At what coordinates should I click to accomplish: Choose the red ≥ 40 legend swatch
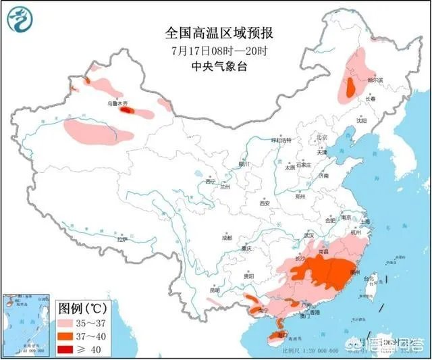tap(70, 349)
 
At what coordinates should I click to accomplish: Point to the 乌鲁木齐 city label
tap(117, 103)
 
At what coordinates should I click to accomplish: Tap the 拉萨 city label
tap(122, 239)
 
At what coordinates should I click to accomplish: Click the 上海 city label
tap(365, 222)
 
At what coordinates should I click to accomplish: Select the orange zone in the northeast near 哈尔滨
tap(351, 87)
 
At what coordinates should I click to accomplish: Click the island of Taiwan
tap(370, 284)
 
